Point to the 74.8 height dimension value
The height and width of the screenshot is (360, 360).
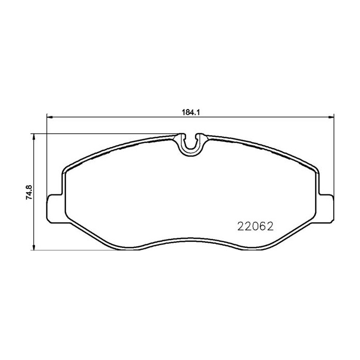pyautogui.click(x=29, y=191)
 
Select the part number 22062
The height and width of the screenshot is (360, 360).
pyautogui.click(x=254, y=226)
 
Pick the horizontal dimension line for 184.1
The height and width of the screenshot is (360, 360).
pyautogui.click(x=129, y=116)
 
